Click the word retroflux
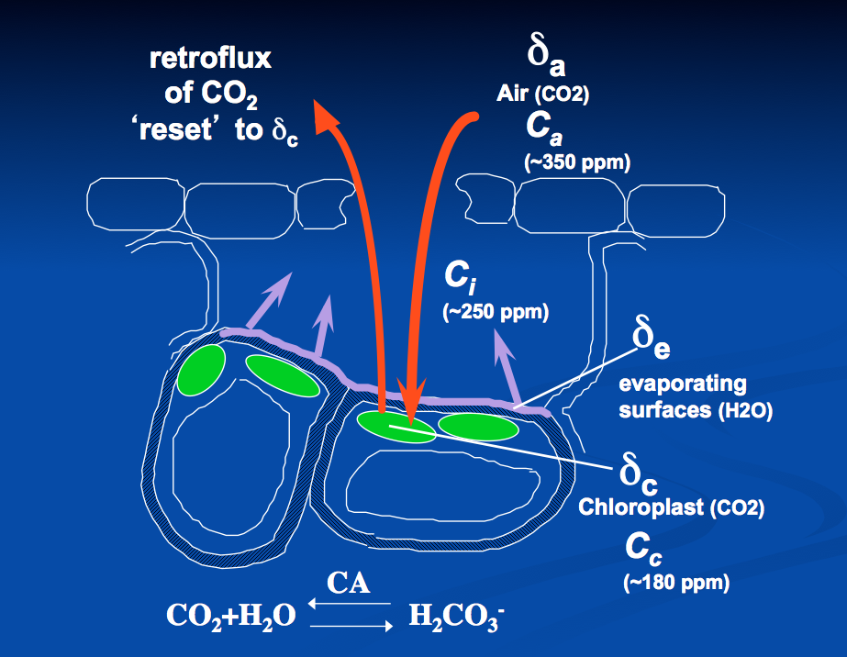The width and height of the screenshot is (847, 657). point(211,61)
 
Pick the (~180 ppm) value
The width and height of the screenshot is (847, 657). point(676,581)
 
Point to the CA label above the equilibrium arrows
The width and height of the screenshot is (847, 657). point(349,583)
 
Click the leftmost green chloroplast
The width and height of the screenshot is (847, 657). point(201,369)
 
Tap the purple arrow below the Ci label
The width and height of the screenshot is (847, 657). point(503,367)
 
